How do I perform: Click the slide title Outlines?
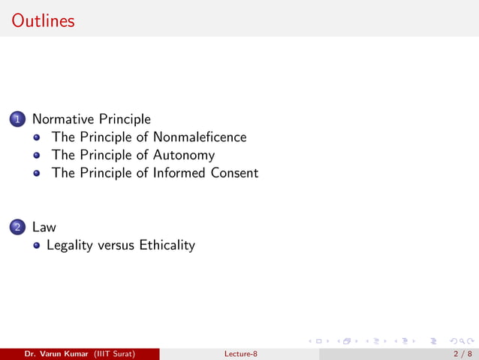[x=44, y=20]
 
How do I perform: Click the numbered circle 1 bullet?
[x=18, y=119]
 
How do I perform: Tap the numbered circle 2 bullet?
[x=18, y=227]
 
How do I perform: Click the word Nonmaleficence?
[x=199, y=137]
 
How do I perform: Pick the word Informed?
[x=178, y=173]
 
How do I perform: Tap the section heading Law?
[x=44, y=227]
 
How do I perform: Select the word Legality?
[x=70, y=245]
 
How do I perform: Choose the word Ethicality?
[x=167, y=245]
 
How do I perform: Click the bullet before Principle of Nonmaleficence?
[x=36, y=138]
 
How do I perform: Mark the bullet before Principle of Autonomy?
[x=36, y=156]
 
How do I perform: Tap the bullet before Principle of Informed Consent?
[x=36, y=174]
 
